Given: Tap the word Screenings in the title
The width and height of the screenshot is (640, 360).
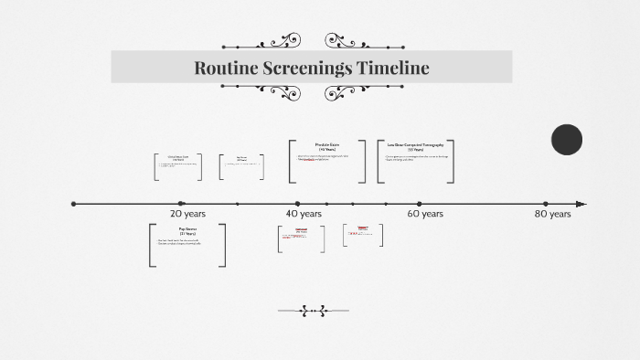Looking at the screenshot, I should click(307, 68).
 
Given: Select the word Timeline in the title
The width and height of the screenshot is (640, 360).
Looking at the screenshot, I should click(395, 68).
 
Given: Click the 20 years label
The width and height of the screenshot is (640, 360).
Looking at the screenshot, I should click(188, 214).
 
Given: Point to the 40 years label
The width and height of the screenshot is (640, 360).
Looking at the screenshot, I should click(303, 214).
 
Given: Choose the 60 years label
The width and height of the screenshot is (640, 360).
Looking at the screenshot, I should click(425, 214).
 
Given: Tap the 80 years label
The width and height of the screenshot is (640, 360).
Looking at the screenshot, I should click(552, 214).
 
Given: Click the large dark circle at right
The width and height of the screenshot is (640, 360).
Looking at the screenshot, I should click(567, 140).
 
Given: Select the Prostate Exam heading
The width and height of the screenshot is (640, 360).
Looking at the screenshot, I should click(328, 145).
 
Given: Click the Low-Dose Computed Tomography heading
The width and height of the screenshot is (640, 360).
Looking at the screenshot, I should click(415, 145).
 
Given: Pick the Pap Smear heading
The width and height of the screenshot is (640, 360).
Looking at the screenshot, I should click(188, 229).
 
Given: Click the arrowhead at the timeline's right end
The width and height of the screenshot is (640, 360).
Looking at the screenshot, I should click(581, 204).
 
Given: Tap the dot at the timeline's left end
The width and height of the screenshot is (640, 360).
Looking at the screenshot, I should click(74, 204).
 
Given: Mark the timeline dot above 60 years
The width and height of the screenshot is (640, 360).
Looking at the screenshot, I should click(420, 204).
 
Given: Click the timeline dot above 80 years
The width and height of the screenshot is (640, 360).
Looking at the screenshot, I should click(546, 204).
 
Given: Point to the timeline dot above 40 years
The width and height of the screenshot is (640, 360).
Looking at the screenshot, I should click(298, 204).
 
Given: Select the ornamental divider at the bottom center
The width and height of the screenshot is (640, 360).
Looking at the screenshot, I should click(313, 311).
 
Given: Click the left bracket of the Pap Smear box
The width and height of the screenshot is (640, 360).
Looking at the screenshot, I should click(152, 245).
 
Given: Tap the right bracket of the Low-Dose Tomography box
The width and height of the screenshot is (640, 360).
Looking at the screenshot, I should click(451, 162).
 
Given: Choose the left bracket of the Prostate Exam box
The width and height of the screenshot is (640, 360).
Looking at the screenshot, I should click(292, 162).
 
